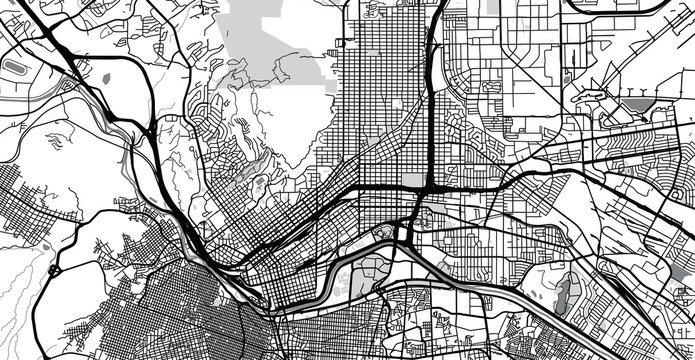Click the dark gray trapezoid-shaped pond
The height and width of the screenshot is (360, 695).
click(637, 103)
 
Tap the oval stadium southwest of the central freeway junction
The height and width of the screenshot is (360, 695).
click(383, 233)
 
